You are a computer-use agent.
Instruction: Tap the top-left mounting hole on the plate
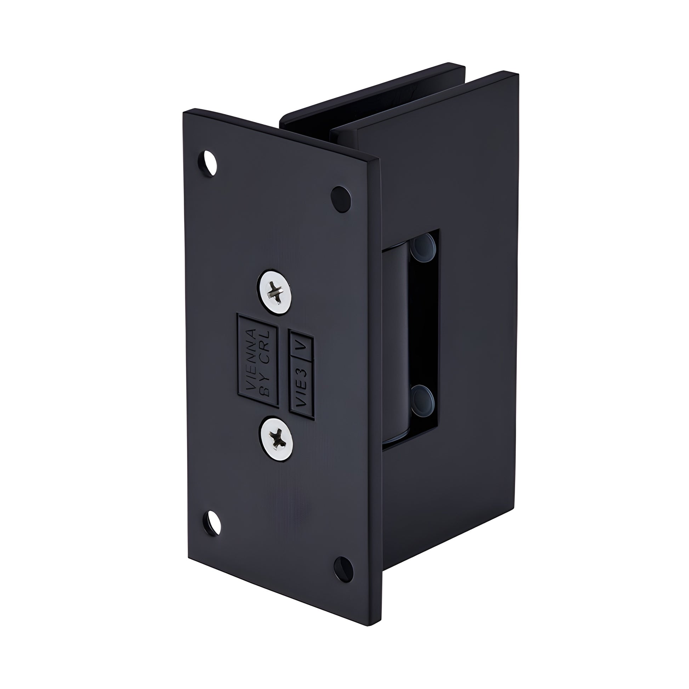tap(207, 163)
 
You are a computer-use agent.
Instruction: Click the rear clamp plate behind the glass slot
tap(371, 93)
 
